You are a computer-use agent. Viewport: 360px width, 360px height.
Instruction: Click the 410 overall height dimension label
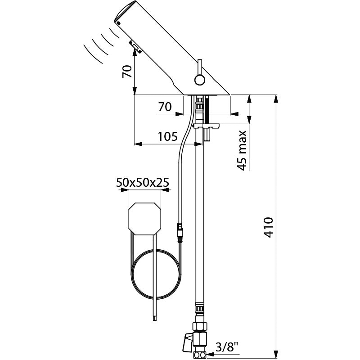[268, 227]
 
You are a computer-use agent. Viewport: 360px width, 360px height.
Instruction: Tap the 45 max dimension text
[242, 150]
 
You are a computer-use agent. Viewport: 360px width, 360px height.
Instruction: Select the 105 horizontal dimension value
[167, 136]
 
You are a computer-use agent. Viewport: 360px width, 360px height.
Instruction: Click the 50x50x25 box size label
[143, 182]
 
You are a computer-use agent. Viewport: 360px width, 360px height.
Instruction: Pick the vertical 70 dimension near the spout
[127, 72]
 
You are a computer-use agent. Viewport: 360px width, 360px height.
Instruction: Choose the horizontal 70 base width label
[165, 107]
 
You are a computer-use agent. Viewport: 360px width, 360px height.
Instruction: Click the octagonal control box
[145, 219]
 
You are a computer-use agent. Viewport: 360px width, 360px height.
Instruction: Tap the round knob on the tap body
[200, 80]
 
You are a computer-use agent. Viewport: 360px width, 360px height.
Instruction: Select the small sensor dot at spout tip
[118, 23]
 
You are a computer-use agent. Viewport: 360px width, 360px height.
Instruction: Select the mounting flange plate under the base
[206, 126]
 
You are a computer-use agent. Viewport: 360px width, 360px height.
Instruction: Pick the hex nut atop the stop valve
[200, 326]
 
